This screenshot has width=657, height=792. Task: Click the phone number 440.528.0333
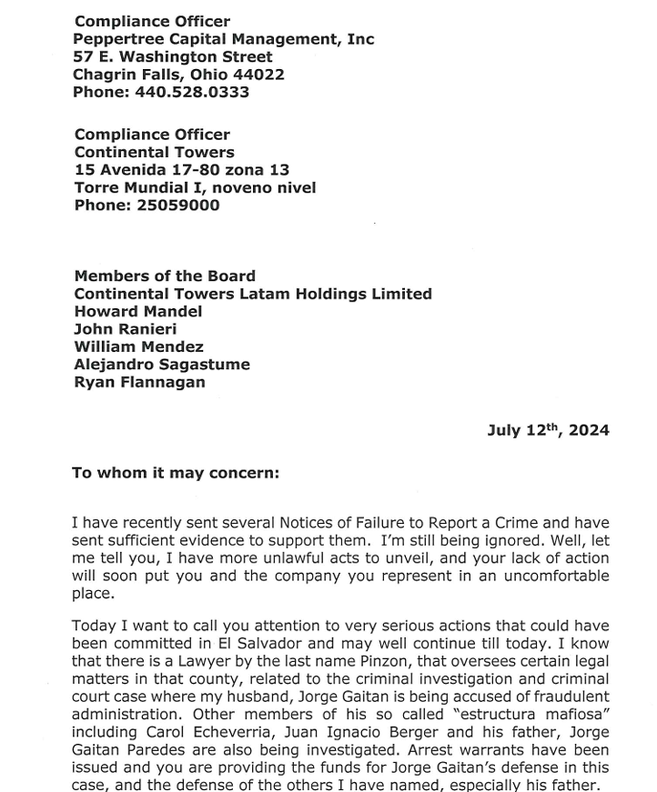point(192,92)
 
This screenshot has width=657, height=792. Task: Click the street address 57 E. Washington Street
point(173,57)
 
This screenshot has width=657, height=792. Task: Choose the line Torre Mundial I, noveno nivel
point(195,187)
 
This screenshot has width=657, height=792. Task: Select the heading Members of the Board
point(165,276)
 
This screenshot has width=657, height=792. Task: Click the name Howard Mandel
point(138,311)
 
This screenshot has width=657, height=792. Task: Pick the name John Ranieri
point(126,329)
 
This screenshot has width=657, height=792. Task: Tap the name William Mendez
point(139,346)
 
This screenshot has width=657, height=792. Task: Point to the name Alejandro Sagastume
point(162,365)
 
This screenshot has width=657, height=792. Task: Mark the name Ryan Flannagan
point(139,382)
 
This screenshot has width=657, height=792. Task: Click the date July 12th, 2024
point(548,430)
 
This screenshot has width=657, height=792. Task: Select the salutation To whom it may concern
point(176,473)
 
